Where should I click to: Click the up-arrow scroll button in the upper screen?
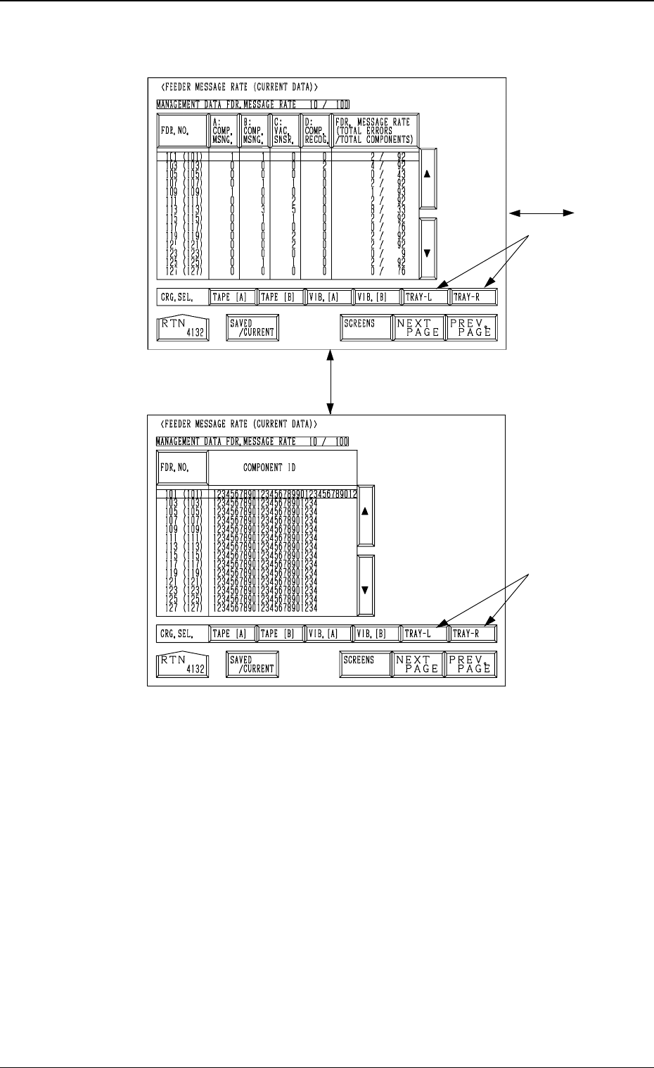[x=428, y=178]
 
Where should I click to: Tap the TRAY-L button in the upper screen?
[x=425, y=297]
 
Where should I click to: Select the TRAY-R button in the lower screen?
[x=473, y=634]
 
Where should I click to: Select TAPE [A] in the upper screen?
[x=232, y=297]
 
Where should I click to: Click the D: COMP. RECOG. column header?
[x=316, y=130]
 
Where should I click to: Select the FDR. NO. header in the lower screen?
[x=182, y=467]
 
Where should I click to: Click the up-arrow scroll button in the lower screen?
[x=365, y=515]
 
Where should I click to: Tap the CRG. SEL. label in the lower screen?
[x=181, y=634]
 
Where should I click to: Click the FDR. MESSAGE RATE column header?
[x=375, y=130]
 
